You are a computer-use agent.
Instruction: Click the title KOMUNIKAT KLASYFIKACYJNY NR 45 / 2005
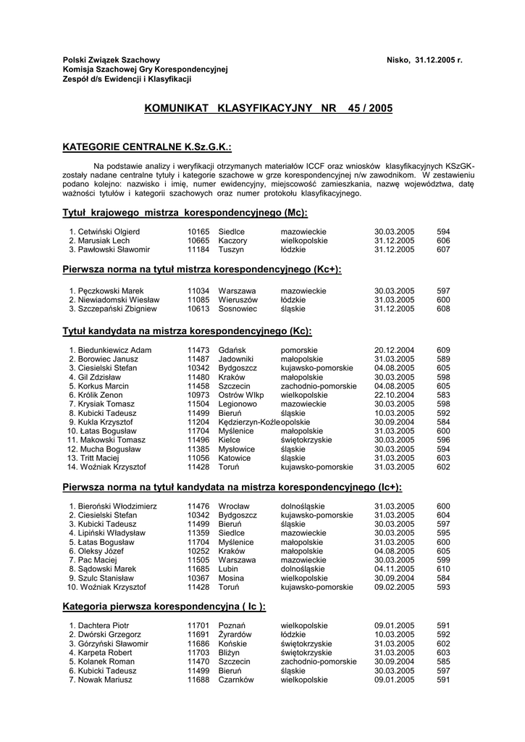pos(268,108)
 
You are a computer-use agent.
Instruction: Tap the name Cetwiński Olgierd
pos(109,232)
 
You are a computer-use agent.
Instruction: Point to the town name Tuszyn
pos(231,249)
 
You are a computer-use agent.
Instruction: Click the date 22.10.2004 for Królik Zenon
pos(394,394)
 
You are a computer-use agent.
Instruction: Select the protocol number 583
pos(443,394)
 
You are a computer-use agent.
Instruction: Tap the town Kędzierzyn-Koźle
pos(248,422)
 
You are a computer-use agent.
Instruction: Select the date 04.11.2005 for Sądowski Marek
pos(394,569)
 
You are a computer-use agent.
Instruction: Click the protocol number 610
pos(443,569)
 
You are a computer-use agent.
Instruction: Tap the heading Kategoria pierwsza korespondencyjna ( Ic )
pos(164,606)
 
